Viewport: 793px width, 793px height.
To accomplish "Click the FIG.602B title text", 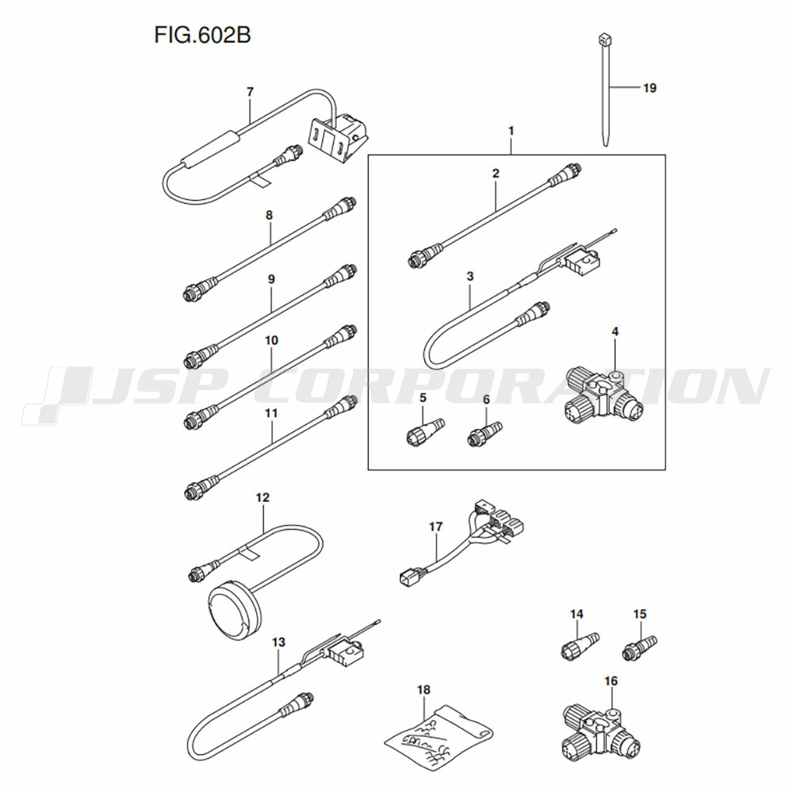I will coord(195,36).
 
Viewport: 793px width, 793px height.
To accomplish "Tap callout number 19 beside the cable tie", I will coord(649,88).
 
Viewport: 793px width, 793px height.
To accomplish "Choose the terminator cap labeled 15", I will coord(640,646).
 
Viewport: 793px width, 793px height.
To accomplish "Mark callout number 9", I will coord(271,279).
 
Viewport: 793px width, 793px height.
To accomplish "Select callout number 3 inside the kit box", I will coord(470,276).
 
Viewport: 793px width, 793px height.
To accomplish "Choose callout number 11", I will coord(271,413).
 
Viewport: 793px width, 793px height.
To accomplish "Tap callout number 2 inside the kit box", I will coord(495,173).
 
